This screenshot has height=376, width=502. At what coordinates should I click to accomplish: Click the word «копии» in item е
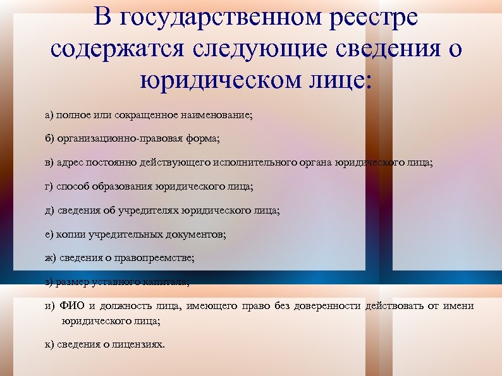(69, 234)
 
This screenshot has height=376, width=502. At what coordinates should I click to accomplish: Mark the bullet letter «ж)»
(50, 258)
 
